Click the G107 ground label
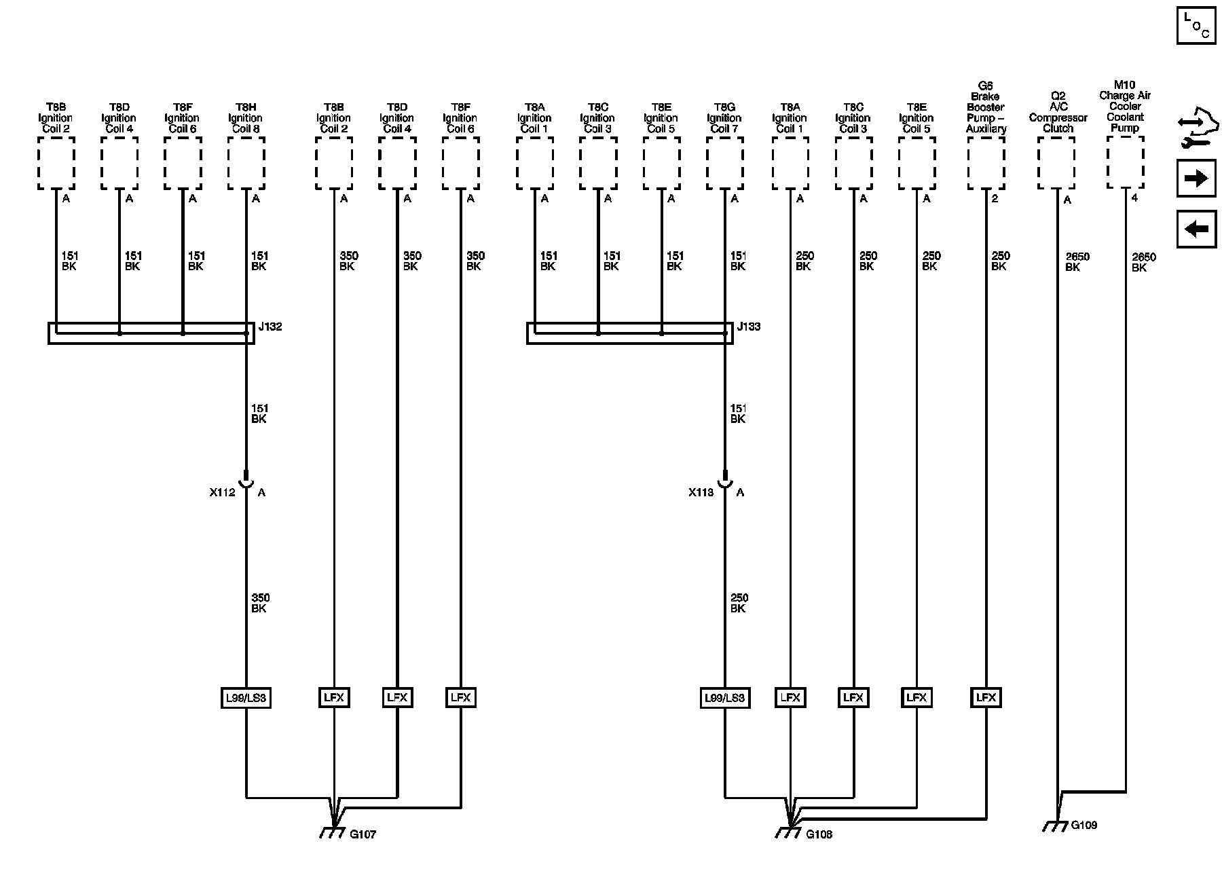point(363,834)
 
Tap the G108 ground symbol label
point(819,834)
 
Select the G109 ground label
point(1084,825)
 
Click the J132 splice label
point(270,327)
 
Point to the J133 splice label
point(748,327)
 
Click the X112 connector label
point(223,492)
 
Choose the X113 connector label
point(701,492)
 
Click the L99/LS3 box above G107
point(246,698)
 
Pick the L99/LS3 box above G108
point(724,698)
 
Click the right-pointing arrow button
point(1196,179)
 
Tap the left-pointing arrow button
point(1196,229)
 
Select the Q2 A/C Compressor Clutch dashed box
point(1056,163)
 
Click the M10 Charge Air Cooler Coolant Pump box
point(1125,162)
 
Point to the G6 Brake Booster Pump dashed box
point(986,163)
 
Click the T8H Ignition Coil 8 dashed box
point(246,163)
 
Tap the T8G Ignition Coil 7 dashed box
point(724,163)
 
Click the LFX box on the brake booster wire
point(985,698)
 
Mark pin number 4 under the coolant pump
point(1134,199)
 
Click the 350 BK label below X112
point(260,603)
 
